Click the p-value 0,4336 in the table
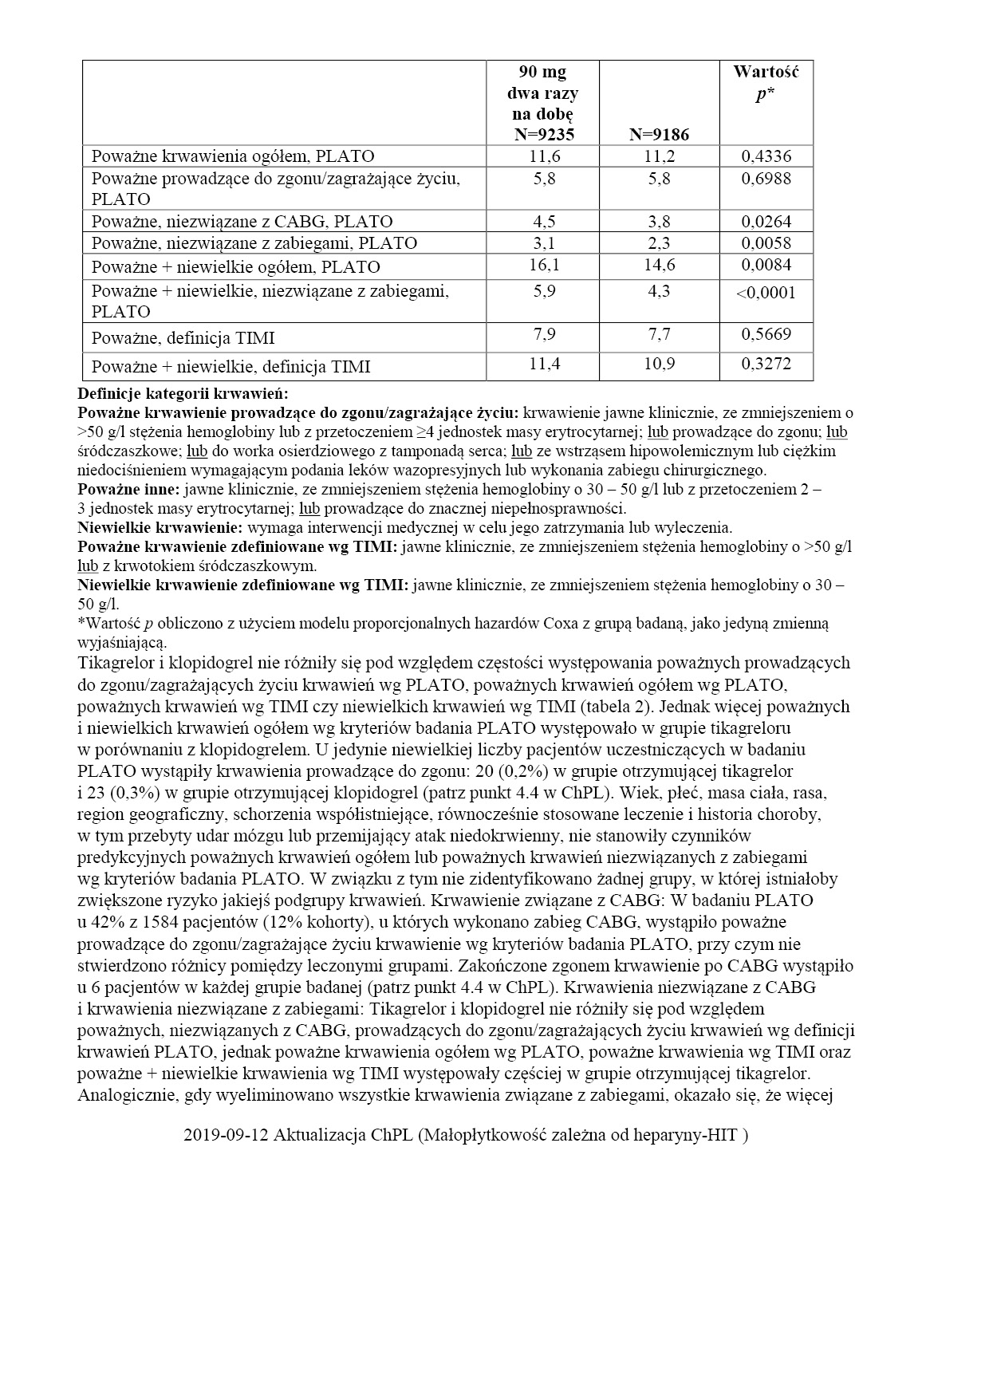tap(766, 156)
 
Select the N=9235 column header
tap(542, 134)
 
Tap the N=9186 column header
tap(659, 134)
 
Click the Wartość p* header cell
tap(766, 83)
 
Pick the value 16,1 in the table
tap(544, 265)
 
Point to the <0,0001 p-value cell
tap(766, 293)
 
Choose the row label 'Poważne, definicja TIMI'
tap(183, 338)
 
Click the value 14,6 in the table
tap(659, 265)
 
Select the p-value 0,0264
tap(766, 222)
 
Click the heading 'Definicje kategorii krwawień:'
tap(183, 393)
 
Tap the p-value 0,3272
tap(766, 364)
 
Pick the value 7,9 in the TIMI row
tap(544, 333)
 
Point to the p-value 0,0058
tap(766, 243)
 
